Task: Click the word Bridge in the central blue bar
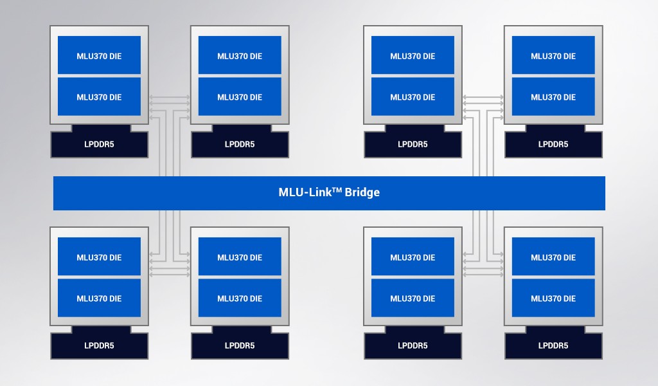362,192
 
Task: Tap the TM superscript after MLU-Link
337,189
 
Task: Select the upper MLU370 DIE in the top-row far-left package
99,56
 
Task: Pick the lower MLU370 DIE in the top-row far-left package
99,97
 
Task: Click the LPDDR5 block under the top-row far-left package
99,144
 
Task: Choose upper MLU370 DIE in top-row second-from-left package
240,56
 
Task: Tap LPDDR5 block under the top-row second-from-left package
240,144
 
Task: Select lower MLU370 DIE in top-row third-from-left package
413,97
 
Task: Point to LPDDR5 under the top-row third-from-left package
413,144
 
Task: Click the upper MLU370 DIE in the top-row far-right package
553,56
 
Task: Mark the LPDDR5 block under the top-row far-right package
553,144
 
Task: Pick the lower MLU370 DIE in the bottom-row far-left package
99,299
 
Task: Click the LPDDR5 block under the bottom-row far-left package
99,345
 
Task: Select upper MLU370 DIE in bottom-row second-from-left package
240,257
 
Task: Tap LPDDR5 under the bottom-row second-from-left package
240,345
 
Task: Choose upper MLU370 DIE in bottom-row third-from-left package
413,257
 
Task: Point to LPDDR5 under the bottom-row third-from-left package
413,345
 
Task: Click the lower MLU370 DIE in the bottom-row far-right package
553,299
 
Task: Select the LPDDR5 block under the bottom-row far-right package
553,345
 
